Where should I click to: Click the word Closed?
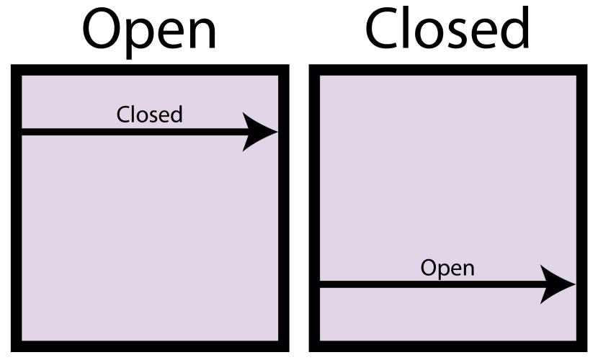149,114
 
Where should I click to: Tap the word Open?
447,268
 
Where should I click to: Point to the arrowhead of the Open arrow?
558,284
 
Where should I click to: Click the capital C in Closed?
123,114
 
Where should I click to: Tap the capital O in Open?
429,268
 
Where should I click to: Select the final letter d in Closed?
176,114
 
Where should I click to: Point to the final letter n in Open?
468,269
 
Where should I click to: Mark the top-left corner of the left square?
22,76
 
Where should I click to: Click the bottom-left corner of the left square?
22,340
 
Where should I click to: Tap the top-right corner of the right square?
576,76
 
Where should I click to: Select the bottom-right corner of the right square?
576,340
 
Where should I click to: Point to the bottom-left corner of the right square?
321,340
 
